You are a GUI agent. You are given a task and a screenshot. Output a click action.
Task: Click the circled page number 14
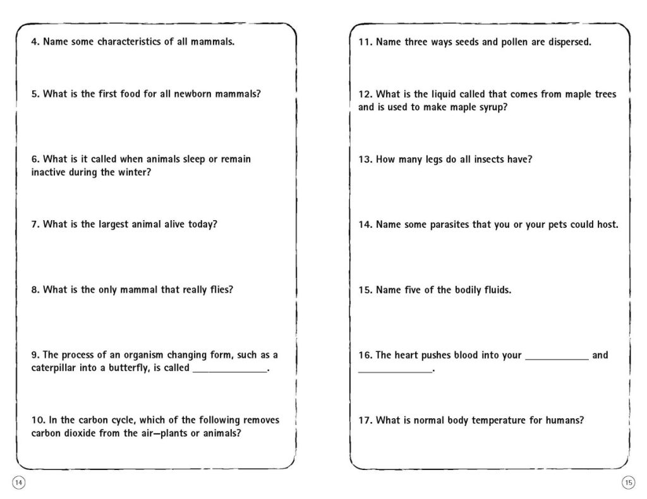(x=18, y=483)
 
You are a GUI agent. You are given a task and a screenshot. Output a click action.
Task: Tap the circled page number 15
(x=628, y=483)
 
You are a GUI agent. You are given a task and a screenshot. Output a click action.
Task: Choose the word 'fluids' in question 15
(x=493, y=290)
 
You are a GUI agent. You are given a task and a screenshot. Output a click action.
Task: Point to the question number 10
(x=37, y=420)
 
